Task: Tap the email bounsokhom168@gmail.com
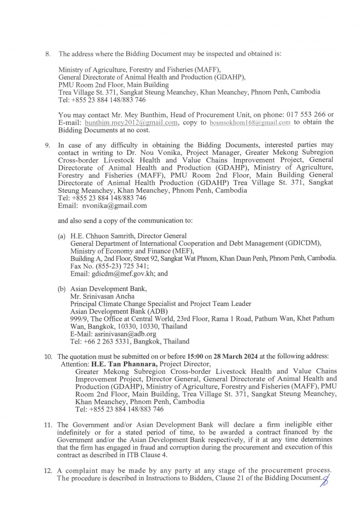250,122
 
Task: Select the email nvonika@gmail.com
114,205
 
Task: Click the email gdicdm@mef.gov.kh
120,274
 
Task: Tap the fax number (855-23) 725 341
119,266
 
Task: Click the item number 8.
48,53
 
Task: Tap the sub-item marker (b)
62,289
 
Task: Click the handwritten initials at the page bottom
325,480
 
